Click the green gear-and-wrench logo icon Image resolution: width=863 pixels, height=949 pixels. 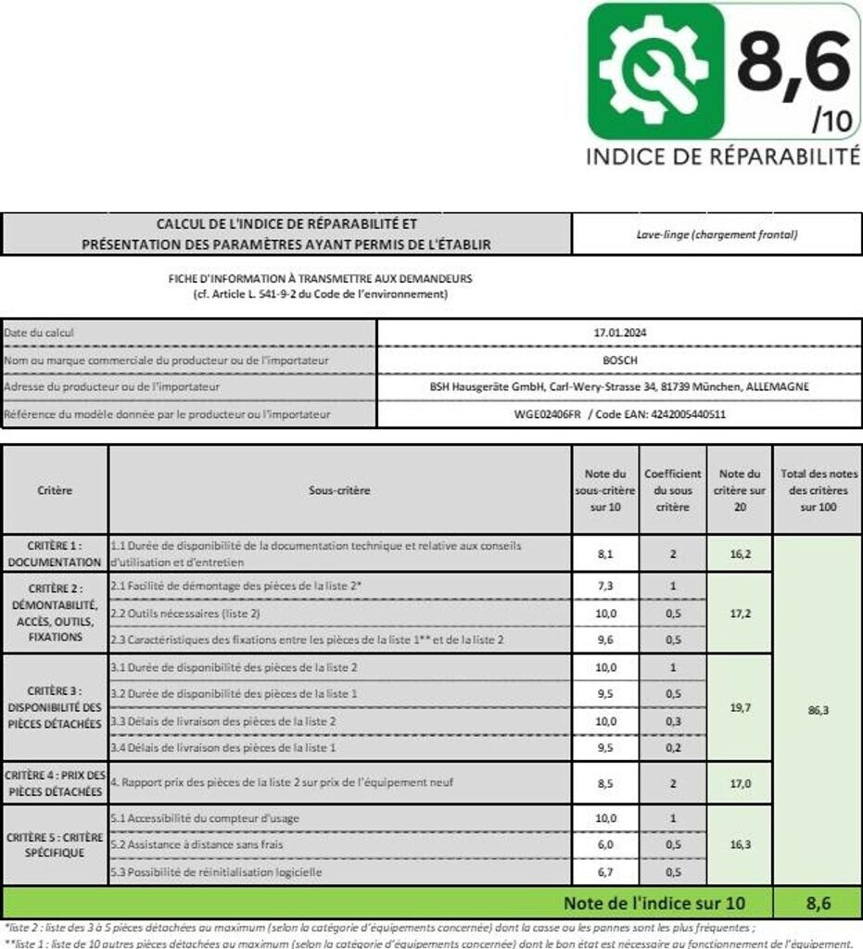coord(655,71)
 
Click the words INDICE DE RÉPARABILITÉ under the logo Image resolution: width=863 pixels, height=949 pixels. coord(723,157)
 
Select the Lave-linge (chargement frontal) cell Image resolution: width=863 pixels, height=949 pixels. coord(717,234)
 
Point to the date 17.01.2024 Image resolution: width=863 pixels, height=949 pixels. coord(619,333)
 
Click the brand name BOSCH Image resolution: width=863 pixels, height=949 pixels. coord(619,360)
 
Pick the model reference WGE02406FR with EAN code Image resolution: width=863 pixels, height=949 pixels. coord(619,414)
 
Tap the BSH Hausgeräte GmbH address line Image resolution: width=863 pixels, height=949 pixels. coord(619,386)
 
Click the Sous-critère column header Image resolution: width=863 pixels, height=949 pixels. coord(338,490)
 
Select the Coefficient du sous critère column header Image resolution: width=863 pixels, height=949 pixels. coord(673,490)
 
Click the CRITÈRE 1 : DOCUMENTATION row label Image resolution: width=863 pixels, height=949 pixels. coord(55,553)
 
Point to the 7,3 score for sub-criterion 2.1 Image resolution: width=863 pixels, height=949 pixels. coord(606,586)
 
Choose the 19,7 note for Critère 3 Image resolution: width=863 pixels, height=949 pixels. coord(740,708)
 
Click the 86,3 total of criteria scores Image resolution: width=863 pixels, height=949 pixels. coord(819,710)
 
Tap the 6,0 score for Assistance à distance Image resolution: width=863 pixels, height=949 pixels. coord(606,845)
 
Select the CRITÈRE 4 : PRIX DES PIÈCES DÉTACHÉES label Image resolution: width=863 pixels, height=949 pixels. coord(55,783)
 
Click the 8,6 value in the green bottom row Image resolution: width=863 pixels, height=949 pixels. coord(819,902)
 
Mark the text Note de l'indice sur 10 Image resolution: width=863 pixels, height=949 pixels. coord(654,902)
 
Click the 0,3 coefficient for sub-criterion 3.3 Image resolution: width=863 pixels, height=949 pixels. coord(673,721)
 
